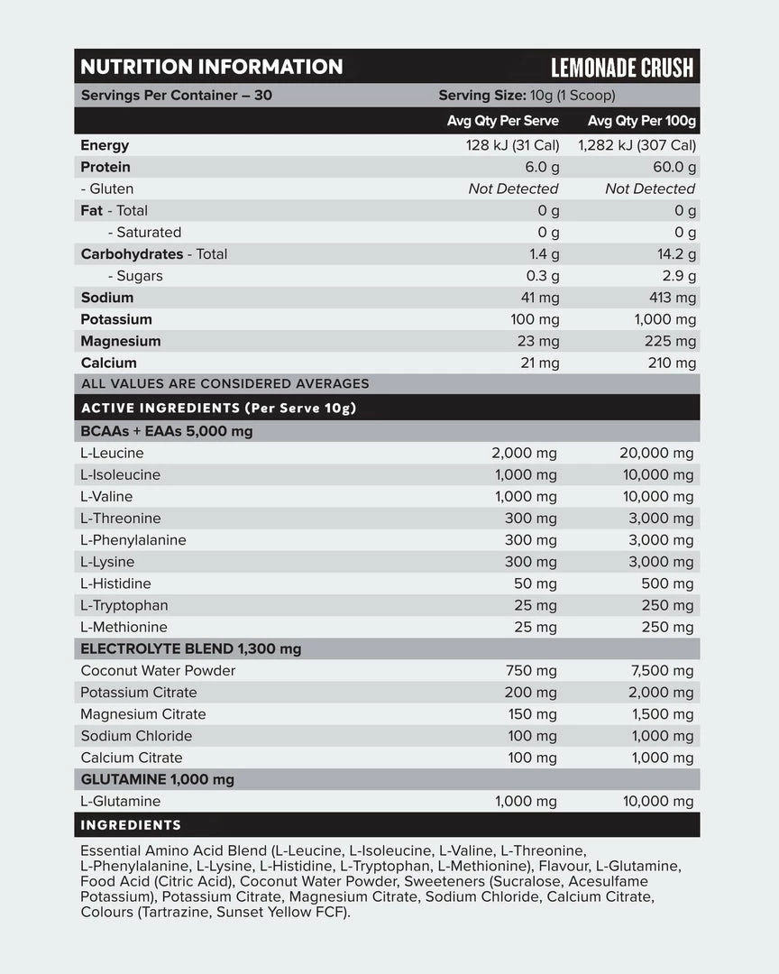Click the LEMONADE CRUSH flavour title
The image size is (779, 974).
point(622,68)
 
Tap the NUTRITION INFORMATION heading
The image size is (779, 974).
point(212,67)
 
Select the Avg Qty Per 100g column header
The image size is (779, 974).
point(642,121)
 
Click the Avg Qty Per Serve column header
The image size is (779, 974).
point(503,121)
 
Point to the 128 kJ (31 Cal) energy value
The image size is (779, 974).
point(513,145)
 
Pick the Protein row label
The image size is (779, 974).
point(105,167)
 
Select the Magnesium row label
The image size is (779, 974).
point(121,341)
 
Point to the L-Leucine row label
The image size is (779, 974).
point(112,454)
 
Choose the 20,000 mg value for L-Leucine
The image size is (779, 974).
point(656,454)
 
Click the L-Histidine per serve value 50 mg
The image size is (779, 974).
point(536,583)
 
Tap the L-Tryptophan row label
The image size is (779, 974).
point(124,605)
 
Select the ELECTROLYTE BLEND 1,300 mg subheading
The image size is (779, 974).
point(191,649)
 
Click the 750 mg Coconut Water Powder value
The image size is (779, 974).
point(533,671)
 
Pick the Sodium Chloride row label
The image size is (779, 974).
point(136,736)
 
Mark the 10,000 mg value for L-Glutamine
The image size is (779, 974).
point(658,802)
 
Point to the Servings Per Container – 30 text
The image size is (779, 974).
point(177,96)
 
